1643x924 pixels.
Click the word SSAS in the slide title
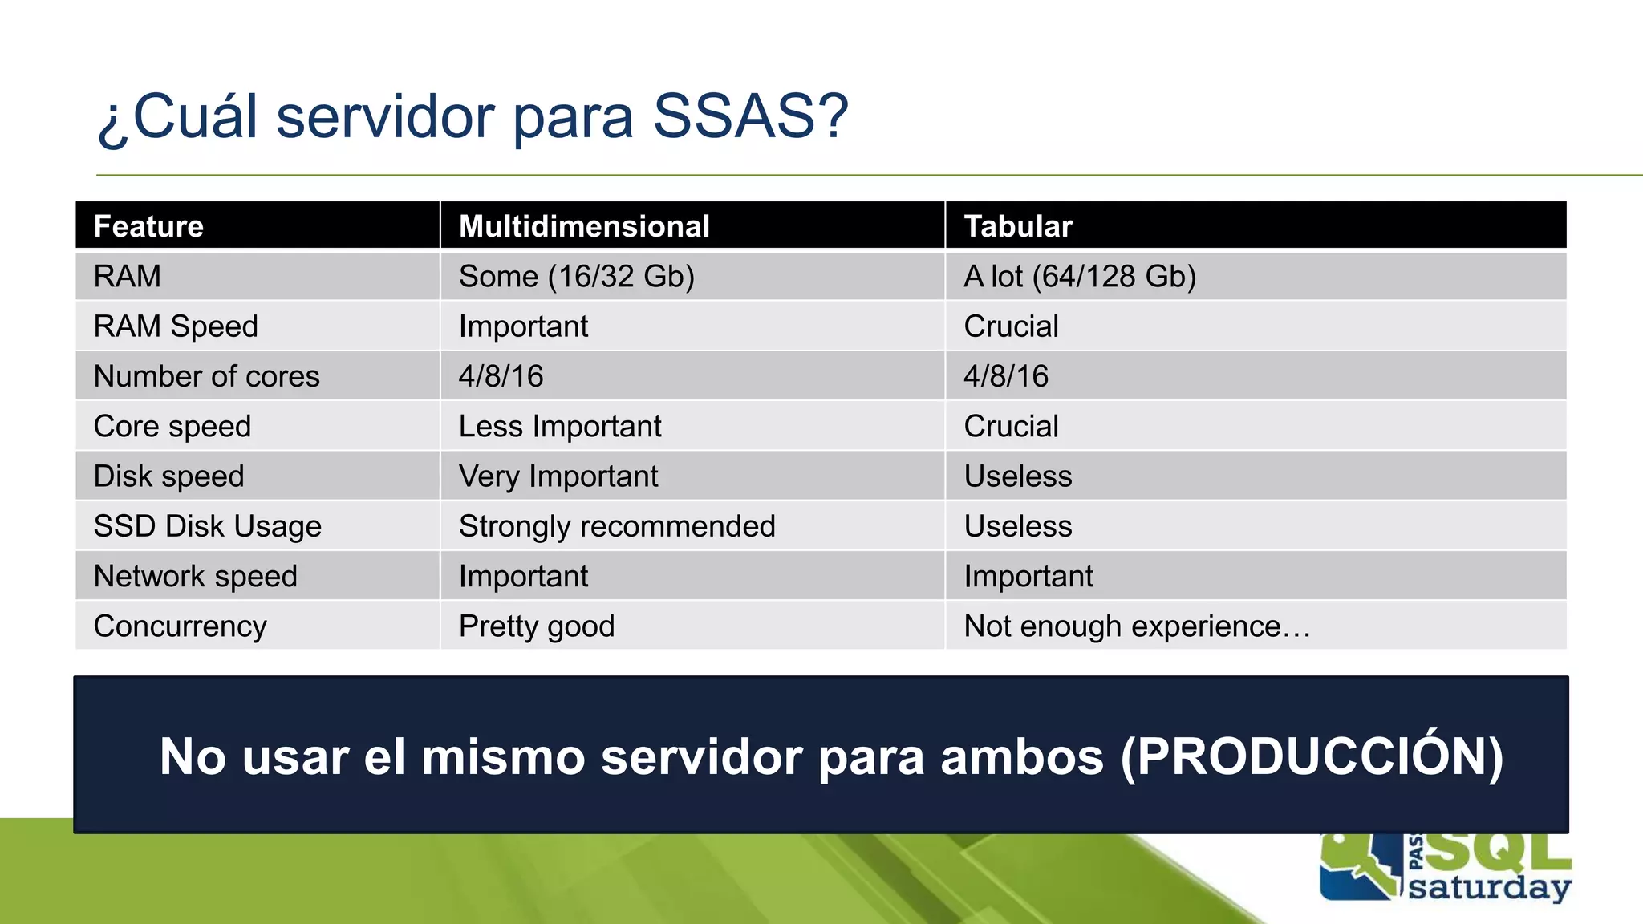[749, 117]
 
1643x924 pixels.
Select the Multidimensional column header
[584, 226]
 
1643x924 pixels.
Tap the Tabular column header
[1017, 226]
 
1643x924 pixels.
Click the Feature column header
[148, 226]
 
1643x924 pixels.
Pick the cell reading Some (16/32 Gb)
[576, 277]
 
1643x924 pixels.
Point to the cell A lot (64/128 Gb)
[1079, 277]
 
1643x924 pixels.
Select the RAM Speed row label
[176, 326]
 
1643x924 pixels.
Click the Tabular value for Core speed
[1011, 426]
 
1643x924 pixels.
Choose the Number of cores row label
[206, 376]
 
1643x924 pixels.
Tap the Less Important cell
[560, 426]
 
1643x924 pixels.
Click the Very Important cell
[558, 476]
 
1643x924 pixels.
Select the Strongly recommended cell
[616, 526]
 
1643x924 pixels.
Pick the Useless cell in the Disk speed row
[1017, 476]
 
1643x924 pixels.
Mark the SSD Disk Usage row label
[207, 526]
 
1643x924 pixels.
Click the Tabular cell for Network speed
[1028, 576]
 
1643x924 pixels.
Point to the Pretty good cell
[536, 626]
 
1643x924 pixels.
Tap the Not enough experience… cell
[1136, 626]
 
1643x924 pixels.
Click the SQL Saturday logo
[1444, 870]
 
